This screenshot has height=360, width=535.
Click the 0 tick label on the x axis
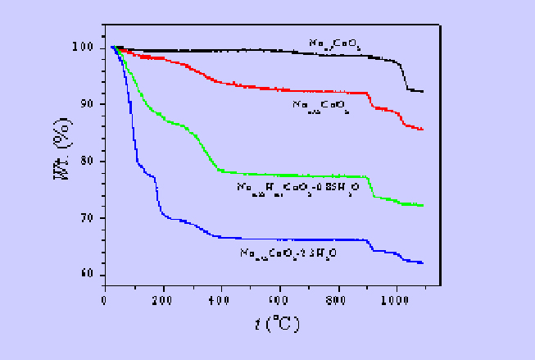[x=105, y=300]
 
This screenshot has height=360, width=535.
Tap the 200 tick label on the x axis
[x=163, y=300]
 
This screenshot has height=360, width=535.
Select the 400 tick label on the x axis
[x=221, y=300]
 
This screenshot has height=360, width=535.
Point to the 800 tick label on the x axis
[x=338, y=300]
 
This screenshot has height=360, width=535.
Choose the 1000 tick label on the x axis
[x=396, y=300]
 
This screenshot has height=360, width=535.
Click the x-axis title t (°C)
[x=277, y=323]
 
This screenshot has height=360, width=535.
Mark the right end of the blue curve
[x=423, y=262]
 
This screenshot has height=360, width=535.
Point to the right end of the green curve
[x=423, y=205]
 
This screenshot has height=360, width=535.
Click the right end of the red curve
[x=423, y=130]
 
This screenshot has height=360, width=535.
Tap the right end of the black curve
[x=423, y=91]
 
